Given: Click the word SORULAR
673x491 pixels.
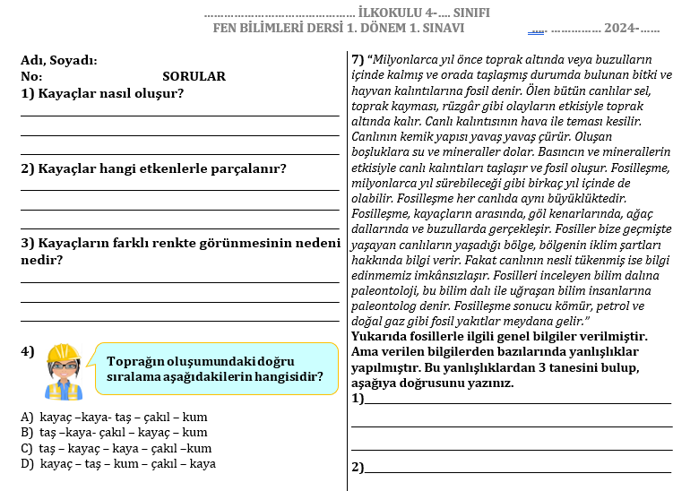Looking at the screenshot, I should (x=194, y=77).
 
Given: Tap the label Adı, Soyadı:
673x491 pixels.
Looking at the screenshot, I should (x=59, y=61).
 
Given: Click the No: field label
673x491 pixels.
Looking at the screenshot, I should (x=31, y=77).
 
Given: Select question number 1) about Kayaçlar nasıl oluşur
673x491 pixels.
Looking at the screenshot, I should (x=27, y=93).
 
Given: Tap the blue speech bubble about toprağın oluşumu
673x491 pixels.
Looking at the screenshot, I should (x=215, y=368).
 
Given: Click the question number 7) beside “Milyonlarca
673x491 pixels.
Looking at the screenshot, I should (x=358, y=60).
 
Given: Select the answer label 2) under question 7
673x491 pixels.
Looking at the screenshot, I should (x=358, y=467).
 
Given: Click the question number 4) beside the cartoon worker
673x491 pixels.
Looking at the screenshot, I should (x=27, y=351).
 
